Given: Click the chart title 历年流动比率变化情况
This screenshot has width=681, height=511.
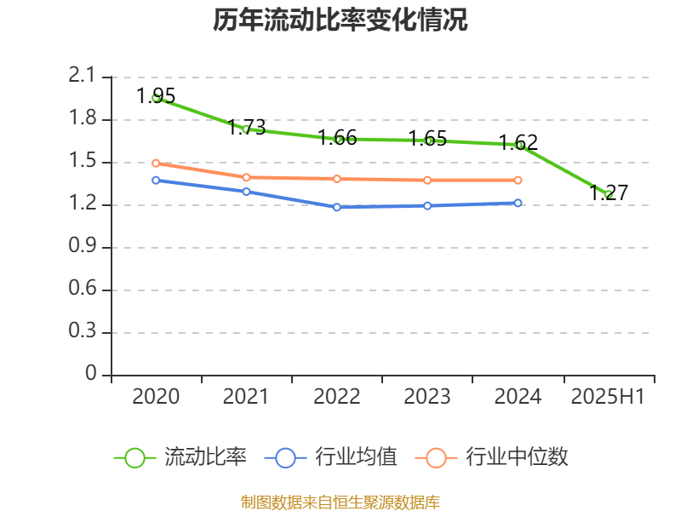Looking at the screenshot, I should [340, 20].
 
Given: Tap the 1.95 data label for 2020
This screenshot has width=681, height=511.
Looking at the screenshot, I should [156, 95].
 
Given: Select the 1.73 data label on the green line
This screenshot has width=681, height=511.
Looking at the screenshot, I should [247, 128].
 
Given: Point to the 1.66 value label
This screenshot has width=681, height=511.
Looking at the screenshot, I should [337, 137].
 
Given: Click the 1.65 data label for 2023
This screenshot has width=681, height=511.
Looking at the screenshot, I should [427, 138].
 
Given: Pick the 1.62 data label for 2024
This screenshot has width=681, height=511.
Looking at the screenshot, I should [518, 142].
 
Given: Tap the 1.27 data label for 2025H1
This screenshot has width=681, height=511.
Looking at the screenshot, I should [609, 192].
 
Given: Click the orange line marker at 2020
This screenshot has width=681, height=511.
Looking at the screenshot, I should [156, 163].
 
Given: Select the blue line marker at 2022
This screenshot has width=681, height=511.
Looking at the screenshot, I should [337, 207].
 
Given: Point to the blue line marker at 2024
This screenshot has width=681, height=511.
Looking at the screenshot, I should [518, 203].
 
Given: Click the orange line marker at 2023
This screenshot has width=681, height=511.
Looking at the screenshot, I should [427, 180].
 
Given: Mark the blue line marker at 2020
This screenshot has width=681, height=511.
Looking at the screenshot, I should [156, 180].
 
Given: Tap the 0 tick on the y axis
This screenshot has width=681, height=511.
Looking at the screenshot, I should [91, 375].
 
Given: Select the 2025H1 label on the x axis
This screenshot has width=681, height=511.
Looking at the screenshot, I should [608, 397].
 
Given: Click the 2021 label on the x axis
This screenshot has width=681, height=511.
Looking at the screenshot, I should [246, 397].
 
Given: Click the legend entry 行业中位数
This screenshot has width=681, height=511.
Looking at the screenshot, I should [493, 457].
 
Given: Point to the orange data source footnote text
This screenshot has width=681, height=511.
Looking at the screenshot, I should [340, 502].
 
